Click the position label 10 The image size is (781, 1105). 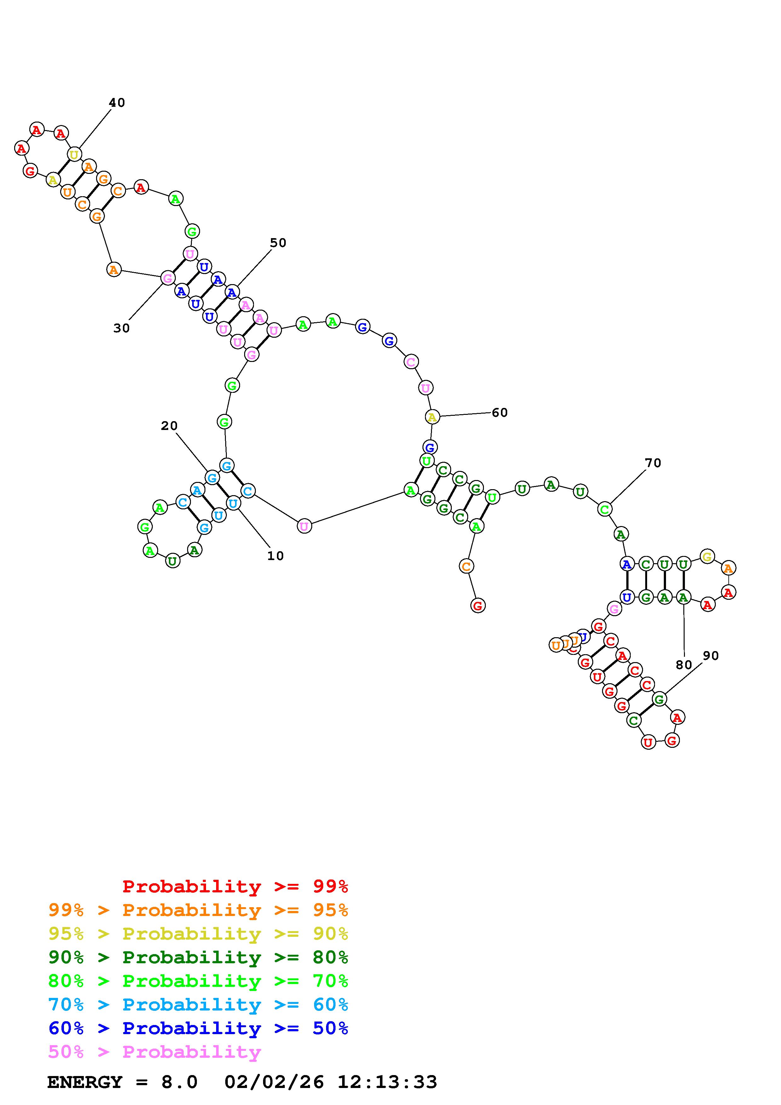[x=275, y=556]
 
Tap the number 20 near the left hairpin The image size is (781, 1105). [x=169, y=426]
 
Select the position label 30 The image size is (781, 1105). [x=121, y=328]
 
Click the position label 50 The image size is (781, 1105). [x=278, y=243]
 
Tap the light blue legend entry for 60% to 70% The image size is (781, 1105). [x=198, y=1005]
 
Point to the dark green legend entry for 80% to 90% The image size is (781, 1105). [x=198, y=958]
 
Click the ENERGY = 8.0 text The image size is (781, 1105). [x=122, y=1082]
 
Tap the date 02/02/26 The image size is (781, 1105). [x=274, y=1082]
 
